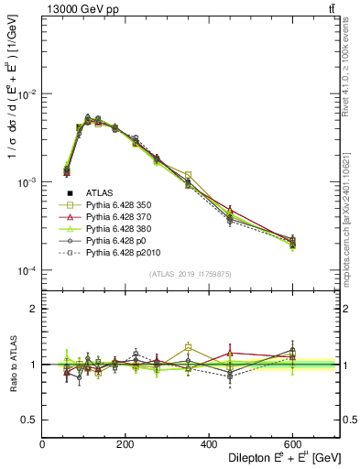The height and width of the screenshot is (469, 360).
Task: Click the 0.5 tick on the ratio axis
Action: point(30,420)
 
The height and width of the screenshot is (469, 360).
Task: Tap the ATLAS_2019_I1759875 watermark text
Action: point(191,274)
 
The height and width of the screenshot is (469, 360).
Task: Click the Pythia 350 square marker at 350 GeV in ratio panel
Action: point(188,347)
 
